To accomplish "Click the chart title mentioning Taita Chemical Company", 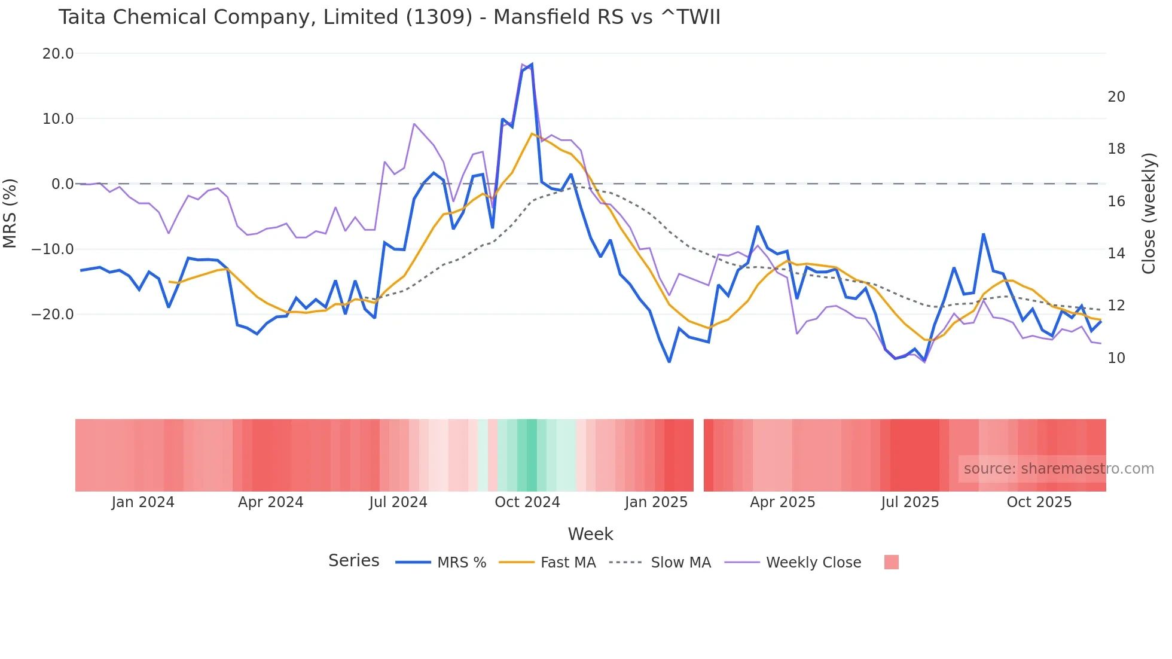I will (x=389, y=17).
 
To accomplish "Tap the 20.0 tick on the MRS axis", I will (x=58, y=53).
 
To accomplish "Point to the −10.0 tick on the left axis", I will (x=53, y=249).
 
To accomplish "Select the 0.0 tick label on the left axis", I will (x=62, y=184).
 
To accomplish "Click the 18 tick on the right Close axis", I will (x=1116, y=149).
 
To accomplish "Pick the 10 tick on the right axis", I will (x=1116, y=358).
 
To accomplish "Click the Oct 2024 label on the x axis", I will (x=527, y=502).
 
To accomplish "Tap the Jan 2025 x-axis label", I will (x=656, y=502).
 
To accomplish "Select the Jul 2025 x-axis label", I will (x=909, y=502).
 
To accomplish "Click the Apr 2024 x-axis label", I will (x=270, y=502).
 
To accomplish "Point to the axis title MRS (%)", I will (x=10, y=213).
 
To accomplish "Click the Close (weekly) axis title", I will (x=1149, y=213).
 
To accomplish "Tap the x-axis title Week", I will (x=590, y=533).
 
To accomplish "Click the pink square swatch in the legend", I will (x=891, y=562).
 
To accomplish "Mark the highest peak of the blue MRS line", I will (x=532, y=65).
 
